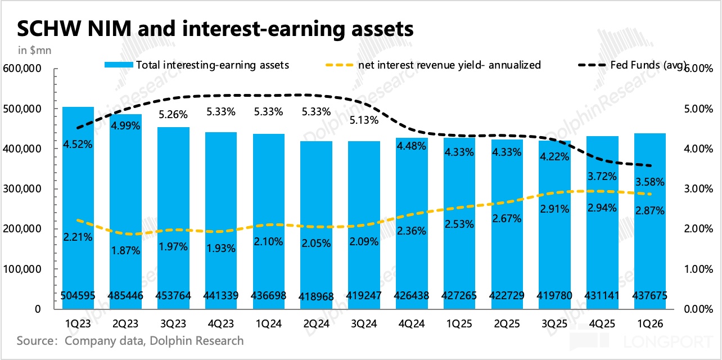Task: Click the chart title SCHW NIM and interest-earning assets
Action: coord(215,29)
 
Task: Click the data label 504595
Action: coord(78,295)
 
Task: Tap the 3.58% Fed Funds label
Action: coord(650,182)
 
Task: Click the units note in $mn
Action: coord(35,51)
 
